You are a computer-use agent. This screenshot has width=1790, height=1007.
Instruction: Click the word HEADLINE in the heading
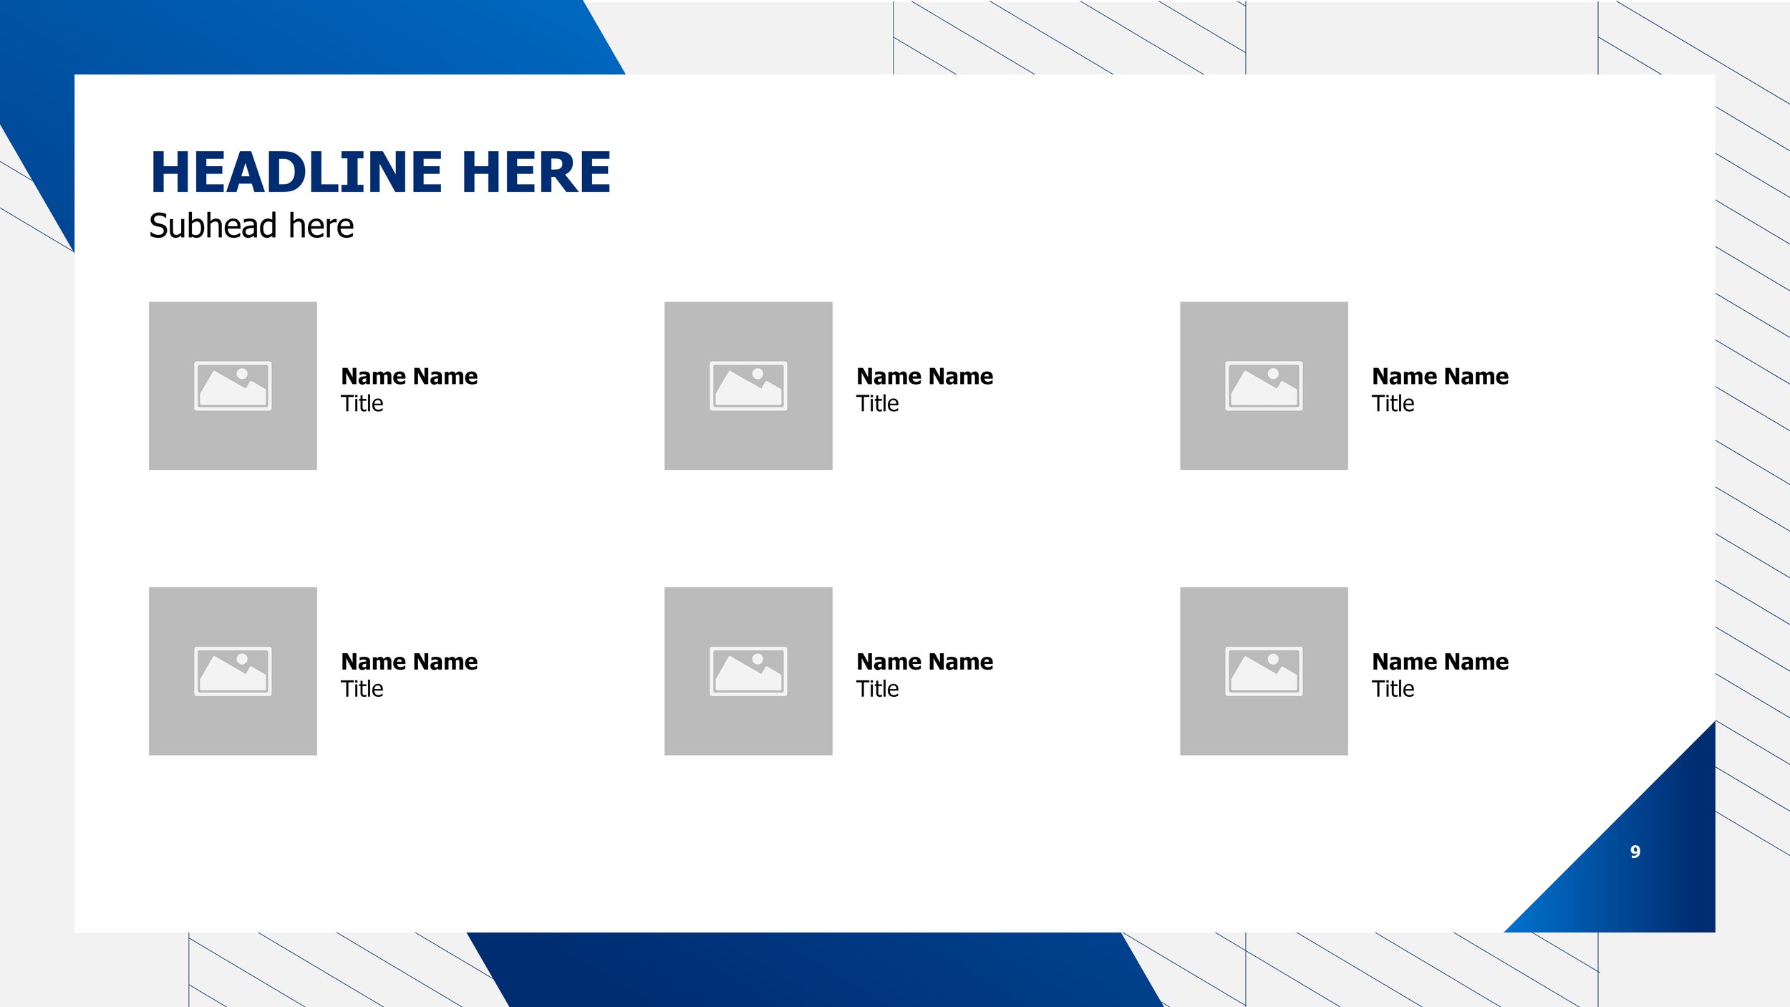pyautogui.click(x=296, y=173)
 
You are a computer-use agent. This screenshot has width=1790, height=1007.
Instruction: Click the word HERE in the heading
pyautogui.click(x=536, y=173)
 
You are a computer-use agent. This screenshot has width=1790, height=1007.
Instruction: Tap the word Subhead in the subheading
pyautogui.click(x=213, y=226)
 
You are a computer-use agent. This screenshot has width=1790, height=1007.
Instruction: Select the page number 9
pyautogui.click(x=1635, y=852)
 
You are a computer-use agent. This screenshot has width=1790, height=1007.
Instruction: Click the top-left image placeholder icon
pyautogui.click(x=233, y=386)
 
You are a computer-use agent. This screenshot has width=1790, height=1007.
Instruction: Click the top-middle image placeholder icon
pyautogui.click(x=748, y=386)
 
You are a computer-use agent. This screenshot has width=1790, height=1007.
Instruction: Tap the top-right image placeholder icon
pyautogui.click(x=1264, y=386)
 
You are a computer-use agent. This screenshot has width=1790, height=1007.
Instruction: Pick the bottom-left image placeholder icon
pyautogui.click(x=233, y=671)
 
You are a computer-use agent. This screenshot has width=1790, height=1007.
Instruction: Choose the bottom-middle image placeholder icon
pyautogui.click(x=748, y=671)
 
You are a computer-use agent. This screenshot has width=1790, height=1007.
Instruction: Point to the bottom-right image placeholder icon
pyautogui.click(x=1264, y=671)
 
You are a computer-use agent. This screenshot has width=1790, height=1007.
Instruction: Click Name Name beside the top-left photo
pyautogui.click(x=409, y=377)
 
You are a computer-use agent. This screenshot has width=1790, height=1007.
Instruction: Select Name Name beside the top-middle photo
pyautogui.click(x=924, y=377)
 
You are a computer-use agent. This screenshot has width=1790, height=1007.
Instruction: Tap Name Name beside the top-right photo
pyautogui.click(x=1440, y=377)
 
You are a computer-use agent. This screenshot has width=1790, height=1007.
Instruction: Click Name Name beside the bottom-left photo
pyautogui.click(x=409, y=662)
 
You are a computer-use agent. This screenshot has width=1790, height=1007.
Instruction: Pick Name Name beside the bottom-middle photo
pyautogui.click(x=924, y=662)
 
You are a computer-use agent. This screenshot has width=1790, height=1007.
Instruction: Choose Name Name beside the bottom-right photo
pyautogui.click(x=1440, y=662)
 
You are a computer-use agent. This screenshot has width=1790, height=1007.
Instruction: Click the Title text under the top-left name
pyautogui.click(x=362, y=404)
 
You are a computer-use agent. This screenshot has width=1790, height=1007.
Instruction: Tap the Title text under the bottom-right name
pyautogui.click(x=1393, y=689)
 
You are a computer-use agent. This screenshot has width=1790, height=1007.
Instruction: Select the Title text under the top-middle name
pyautogui.click(x=877, y=404)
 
